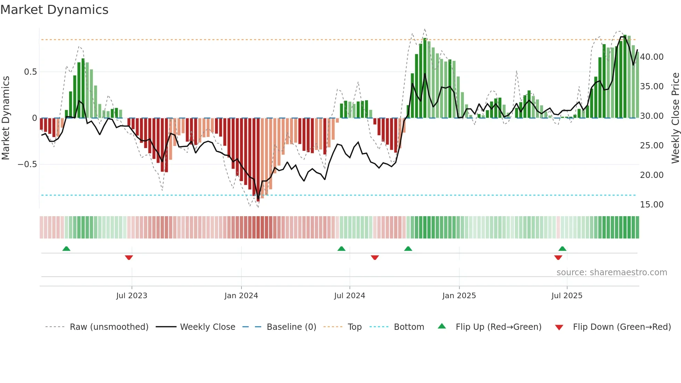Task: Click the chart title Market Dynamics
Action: click(x=54, y=10)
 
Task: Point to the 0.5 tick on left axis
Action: click(x=31, y=72)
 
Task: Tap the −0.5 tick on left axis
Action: click(x=27, y=164)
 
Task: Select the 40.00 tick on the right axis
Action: click(x=651, y=57)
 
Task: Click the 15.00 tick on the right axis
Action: click(x=651, y=205)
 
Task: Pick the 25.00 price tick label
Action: click(x=651, y=146)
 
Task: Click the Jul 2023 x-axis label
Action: click(x=132, y=296)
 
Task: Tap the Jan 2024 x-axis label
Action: click(x=241, y=296)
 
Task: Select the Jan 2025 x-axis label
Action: click(x=459, y=296)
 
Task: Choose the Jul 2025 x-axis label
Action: click(x=567, y=296)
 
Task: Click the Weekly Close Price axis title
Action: click(x=675, y=118)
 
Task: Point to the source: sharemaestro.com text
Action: click(x=612, y=272)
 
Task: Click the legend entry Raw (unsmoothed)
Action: click(x=109, y=327)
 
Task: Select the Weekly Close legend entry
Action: click(x=207, y=327)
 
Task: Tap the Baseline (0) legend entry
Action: click(x=291, y=327)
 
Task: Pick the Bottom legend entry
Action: click(x=409, y=327)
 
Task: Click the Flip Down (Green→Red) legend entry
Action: click(x=622, y=327)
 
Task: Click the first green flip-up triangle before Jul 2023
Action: click(x=66, y=248)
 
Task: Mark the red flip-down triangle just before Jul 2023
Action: click(x=129, y=258)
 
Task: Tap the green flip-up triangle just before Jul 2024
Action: click(x=342, y=248)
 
